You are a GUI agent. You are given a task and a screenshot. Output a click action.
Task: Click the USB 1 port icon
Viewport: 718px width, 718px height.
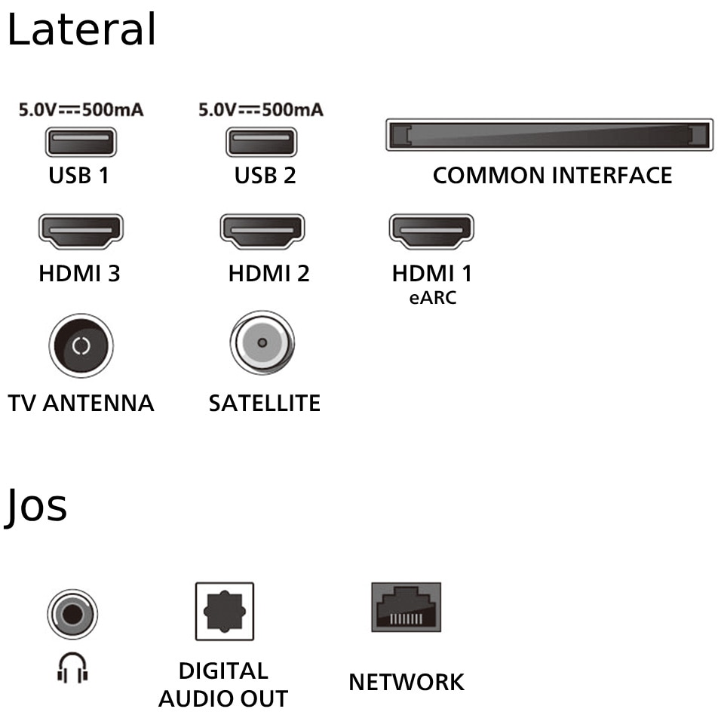tap(81, 143)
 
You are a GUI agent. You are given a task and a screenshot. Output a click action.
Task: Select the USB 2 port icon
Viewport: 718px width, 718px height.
tap(261, 143)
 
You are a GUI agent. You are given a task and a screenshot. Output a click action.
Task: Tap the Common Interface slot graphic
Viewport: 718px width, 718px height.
tap(549, 135)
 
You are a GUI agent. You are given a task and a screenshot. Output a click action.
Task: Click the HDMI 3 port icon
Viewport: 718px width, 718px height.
tap(81, 231)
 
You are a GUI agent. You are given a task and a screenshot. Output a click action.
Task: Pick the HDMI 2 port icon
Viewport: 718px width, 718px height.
tap(262, 231)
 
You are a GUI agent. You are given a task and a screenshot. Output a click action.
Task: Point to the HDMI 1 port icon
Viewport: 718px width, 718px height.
tap(431, 231)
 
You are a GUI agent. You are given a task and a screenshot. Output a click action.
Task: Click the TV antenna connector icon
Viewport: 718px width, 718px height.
tap(81, 346)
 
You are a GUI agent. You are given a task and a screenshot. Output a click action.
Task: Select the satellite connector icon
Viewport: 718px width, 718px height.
tap(262, 343)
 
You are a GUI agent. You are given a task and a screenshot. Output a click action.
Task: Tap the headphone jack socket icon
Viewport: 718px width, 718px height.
tap(72, 615)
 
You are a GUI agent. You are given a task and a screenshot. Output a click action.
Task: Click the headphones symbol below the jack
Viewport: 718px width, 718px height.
tap(72, 667)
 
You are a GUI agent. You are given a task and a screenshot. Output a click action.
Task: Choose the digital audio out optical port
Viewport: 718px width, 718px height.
tap(224, 611)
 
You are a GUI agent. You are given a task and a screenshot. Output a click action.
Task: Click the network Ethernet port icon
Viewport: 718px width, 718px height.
tap(406, 607)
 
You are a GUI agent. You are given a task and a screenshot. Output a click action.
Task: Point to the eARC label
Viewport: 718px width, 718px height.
tap(432, 298)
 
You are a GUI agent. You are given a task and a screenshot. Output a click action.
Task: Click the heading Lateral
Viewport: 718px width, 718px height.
tap(81, 30)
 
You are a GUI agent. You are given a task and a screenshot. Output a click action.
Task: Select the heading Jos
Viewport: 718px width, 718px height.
tap(36, 505)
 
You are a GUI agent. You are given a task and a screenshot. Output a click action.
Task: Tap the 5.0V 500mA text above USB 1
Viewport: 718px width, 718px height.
tap(81, 110)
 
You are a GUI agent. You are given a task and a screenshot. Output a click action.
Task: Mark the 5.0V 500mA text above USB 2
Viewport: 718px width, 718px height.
tap(261, 110)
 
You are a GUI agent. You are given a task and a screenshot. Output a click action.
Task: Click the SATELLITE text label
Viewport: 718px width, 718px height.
tap(265, 403)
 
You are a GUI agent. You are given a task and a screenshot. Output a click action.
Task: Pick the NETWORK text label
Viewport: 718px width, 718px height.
tap(406, 682)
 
